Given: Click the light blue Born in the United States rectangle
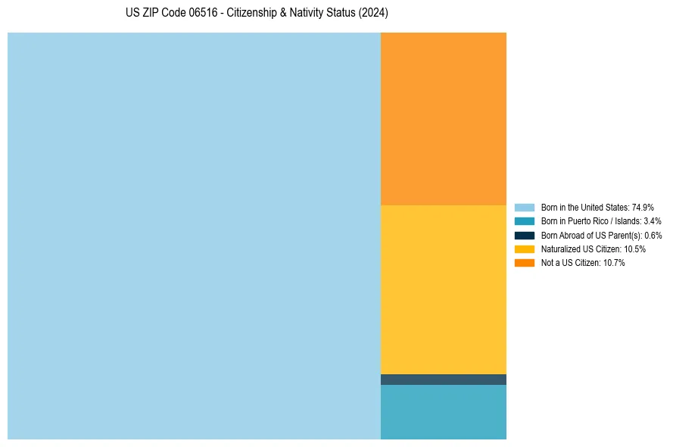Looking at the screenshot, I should pos(194,236).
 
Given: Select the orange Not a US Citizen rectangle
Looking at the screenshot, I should pos(444,118).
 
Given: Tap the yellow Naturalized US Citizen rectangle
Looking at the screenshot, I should pos(444,289).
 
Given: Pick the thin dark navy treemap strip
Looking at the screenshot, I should pos(444,380).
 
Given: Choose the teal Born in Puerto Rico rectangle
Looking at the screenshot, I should pos(444,412).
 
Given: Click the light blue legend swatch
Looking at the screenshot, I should pos(525,207).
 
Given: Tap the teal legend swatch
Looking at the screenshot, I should pos(525,221).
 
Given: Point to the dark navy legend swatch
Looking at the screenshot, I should pos(525,235).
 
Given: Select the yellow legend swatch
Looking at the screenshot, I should pos(525,249).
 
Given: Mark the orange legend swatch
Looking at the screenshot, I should pos(525,263).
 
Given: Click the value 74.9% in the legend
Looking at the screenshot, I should pos(643,207).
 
